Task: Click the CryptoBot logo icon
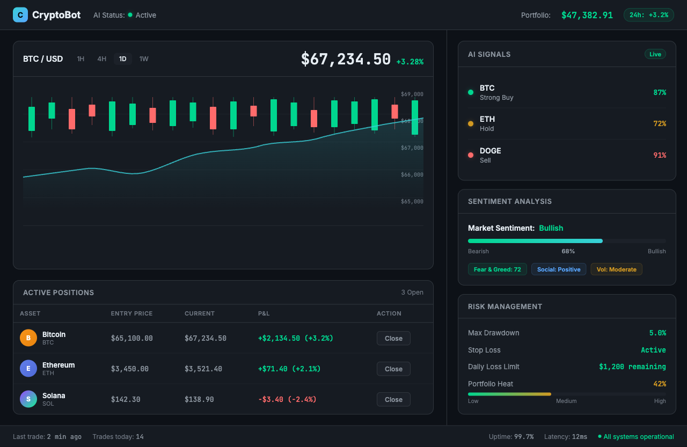[20, 15]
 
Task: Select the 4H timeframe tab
[101, 59]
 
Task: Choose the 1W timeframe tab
[144, 59]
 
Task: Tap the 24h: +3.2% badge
[648, 15]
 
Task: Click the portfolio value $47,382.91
[587, 15]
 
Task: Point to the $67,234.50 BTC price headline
[346, 59]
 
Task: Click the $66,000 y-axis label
[412, 175]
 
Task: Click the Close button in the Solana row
[393, 399]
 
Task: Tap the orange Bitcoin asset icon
[28, 338]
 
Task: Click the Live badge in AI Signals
[655, 54]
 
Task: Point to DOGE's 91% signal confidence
[659, 155]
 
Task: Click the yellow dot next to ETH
[471, 123]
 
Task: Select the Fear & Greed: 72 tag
[497, 269]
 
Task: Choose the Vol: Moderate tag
[616, 269]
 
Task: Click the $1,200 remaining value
[632, 367]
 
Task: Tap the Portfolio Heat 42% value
[659, 384]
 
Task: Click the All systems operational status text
[638, 437]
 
